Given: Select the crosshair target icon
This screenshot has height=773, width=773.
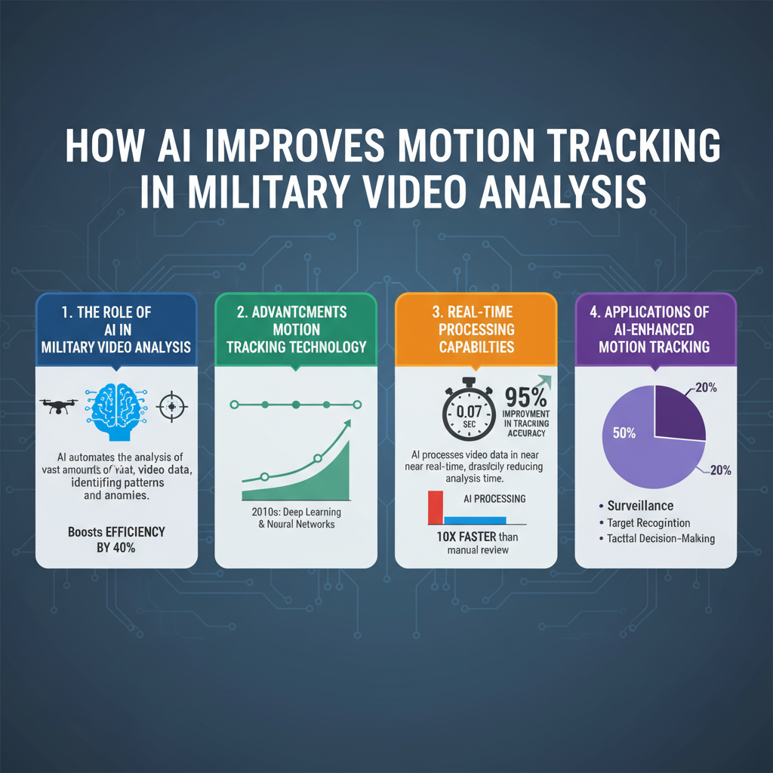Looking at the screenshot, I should (x=171, y=407).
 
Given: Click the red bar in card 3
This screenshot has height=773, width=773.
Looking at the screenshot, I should (x=435, y=507).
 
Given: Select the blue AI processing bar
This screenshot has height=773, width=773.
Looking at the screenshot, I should (x=475, y=519).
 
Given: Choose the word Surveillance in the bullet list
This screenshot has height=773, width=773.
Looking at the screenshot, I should (x=640, y=506).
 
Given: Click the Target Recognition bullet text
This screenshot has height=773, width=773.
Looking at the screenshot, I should (x=648, y=522).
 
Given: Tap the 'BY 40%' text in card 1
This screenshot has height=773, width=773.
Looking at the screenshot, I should (x=115, y=548).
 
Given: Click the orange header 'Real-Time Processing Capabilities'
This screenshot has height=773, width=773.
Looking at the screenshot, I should (x=476, y=329).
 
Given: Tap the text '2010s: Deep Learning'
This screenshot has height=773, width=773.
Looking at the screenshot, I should (x=295, y=513).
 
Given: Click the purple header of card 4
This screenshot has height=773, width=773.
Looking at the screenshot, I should (x=654, y=329).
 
